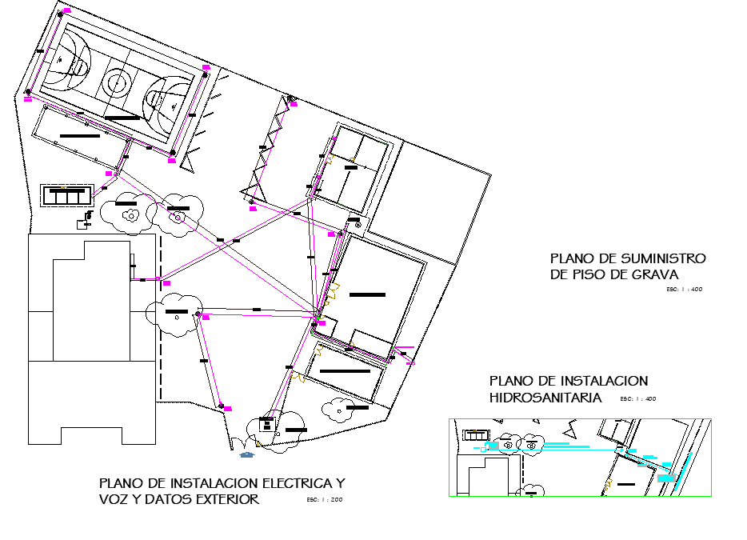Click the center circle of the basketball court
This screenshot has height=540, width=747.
[117, 80]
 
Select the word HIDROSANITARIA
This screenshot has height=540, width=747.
[545, 397]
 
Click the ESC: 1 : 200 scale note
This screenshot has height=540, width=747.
[324, 500]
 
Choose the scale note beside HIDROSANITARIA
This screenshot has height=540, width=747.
[637, 398]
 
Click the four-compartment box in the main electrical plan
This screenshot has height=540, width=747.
[67, 195]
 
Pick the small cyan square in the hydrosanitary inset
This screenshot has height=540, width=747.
[484, 449]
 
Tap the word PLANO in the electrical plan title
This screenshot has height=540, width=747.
[122, 483]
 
